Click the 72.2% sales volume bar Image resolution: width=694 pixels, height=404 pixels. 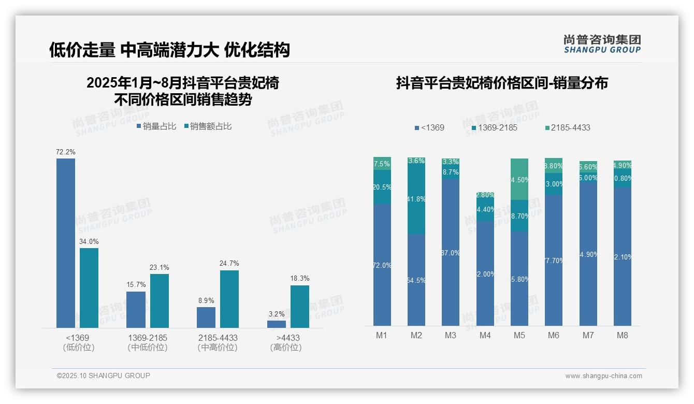[x=66, y=243]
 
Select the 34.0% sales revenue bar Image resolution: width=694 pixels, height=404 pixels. [x=89, y=287]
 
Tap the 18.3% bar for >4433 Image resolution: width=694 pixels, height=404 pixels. [x=300, y=306]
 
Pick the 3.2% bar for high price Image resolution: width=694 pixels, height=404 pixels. [x=277, y=324]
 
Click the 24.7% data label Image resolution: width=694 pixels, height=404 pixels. [x=229, y=263]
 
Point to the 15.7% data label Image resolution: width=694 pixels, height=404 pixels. [x=136, y=284]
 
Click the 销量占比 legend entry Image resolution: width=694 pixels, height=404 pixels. [x=156, y=126]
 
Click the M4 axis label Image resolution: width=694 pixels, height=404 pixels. [x=485, y=335]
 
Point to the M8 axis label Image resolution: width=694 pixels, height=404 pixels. [x=623, y=335]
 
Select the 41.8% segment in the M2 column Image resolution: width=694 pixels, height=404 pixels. [x=416, y=199]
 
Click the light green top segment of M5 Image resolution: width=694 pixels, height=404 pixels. [x=519, y=179]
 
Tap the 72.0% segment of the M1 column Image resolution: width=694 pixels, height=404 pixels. [x=382, y=265]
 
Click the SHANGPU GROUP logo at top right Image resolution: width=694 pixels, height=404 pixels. [x=602, y=44]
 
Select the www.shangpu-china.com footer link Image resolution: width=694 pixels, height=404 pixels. [x=603, y=376]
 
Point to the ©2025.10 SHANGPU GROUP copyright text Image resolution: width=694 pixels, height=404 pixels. [x=104, y=376]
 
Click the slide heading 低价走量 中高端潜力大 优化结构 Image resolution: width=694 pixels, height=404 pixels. [x=169, y=50]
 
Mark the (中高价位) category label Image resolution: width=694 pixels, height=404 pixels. [x=218, y=348]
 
